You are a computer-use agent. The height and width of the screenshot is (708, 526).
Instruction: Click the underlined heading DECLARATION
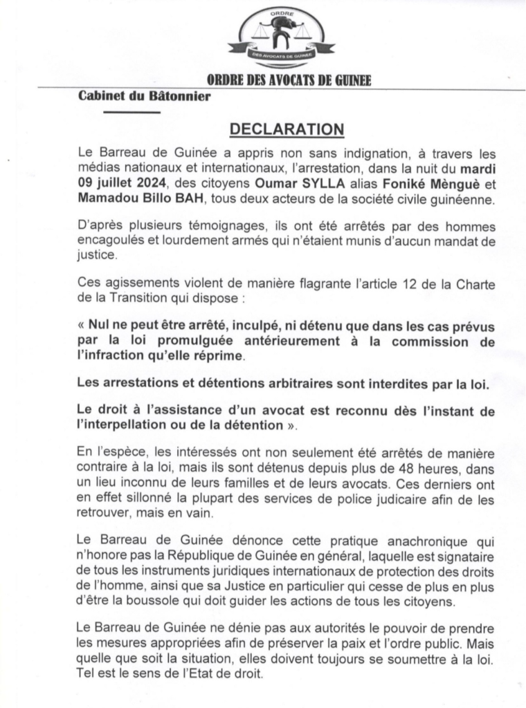pos(286,129)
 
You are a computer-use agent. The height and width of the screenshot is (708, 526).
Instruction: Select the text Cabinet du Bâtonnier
pos(144,97)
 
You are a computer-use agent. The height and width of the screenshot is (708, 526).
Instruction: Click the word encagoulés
pos(114,241)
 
